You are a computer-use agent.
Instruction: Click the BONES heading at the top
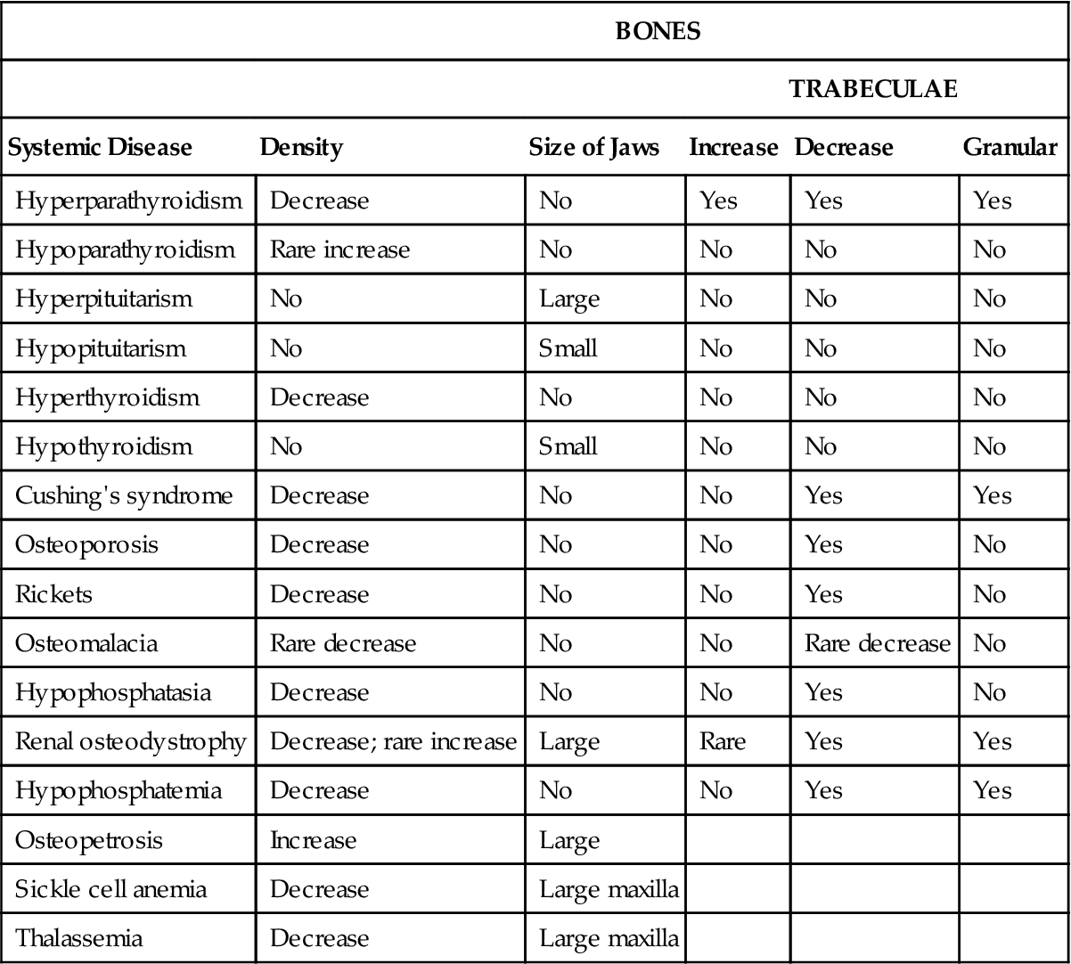coord(658,32)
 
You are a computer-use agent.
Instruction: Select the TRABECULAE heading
coord(873,89)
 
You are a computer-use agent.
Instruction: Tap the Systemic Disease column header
coord(100,147)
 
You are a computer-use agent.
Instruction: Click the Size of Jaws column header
coord(594,147)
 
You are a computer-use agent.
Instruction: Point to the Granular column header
coord(1010,147)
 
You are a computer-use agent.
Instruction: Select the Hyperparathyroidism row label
coord(128,200)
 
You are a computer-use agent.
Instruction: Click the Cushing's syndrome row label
coord(124,495)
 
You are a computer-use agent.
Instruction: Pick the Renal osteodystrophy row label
coord(130,741)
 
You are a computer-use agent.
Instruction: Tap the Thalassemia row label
coord(78,938)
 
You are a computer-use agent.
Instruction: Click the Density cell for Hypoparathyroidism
coord(339,249)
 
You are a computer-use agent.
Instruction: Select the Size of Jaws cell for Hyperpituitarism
coord(569,298)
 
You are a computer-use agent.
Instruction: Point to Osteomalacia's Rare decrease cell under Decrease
coord(877,643)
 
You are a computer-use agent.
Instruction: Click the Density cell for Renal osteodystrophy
coord(393,741)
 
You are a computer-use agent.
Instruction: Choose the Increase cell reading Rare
coord(723,741)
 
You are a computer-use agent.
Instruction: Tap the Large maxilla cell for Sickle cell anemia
coord(609,889)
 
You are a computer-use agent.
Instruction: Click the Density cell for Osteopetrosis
coord(313,840)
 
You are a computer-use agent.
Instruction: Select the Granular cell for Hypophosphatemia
coord(993,790)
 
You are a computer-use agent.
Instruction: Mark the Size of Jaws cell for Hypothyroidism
coord(568,446)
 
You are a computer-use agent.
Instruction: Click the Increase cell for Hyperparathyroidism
coord(718,200)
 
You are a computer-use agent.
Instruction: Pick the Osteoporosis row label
coord(86,544)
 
